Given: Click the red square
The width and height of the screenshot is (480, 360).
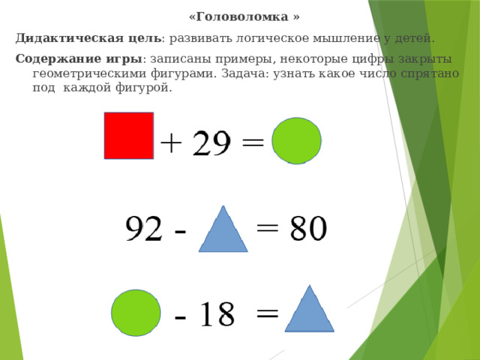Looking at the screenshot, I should click(129, 136).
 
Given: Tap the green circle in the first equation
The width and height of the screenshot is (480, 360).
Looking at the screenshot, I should click(297, 140).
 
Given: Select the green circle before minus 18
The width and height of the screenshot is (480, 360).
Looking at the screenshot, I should click(136, 312).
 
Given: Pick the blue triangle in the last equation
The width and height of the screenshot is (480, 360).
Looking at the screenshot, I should click(308, 310).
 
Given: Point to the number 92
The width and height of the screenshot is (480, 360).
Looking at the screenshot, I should click(144, 230).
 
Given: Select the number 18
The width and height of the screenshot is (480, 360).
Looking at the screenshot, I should click(217, 313).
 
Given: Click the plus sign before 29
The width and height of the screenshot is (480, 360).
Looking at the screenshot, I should click(171, 142).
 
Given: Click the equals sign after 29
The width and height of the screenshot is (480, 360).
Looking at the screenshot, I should click(252, 142).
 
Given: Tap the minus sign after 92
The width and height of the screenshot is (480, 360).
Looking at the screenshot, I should click(180, 232).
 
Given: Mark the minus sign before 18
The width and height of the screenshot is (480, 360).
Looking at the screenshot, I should click(181, 316).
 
